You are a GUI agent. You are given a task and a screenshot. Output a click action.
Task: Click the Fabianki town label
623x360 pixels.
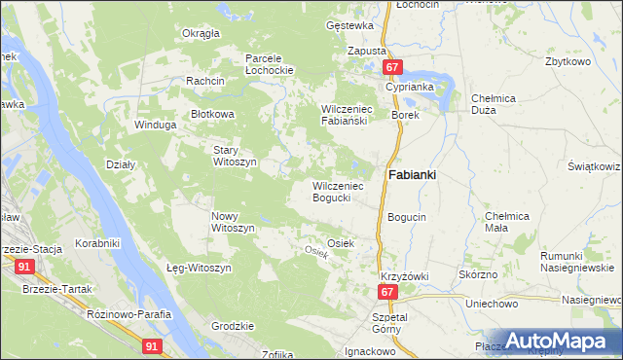click(412, 175)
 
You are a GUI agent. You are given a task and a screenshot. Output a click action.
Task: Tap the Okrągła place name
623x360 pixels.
click(202, 33)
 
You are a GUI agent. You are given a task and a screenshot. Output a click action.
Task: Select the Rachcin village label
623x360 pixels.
click(206, 81)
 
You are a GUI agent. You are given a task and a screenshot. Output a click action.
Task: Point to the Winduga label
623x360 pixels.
click(156, 125)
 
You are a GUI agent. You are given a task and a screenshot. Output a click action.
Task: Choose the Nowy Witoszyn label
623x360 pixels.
click(233, 221)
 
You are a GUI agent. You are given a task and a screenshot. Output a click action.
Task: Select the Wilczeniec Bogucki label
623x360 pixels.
click(338, 192)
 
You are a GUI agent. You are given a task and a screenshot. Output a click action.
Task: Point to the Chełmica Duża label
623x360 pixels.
click(498, 104)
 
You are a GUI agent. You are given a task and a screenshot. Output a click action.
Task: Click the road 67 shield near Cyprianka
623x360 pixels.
click(391, 67)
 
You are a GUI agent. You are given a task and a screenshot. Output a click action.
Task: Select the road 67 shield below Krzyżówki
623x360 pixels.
click(387, 292)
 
